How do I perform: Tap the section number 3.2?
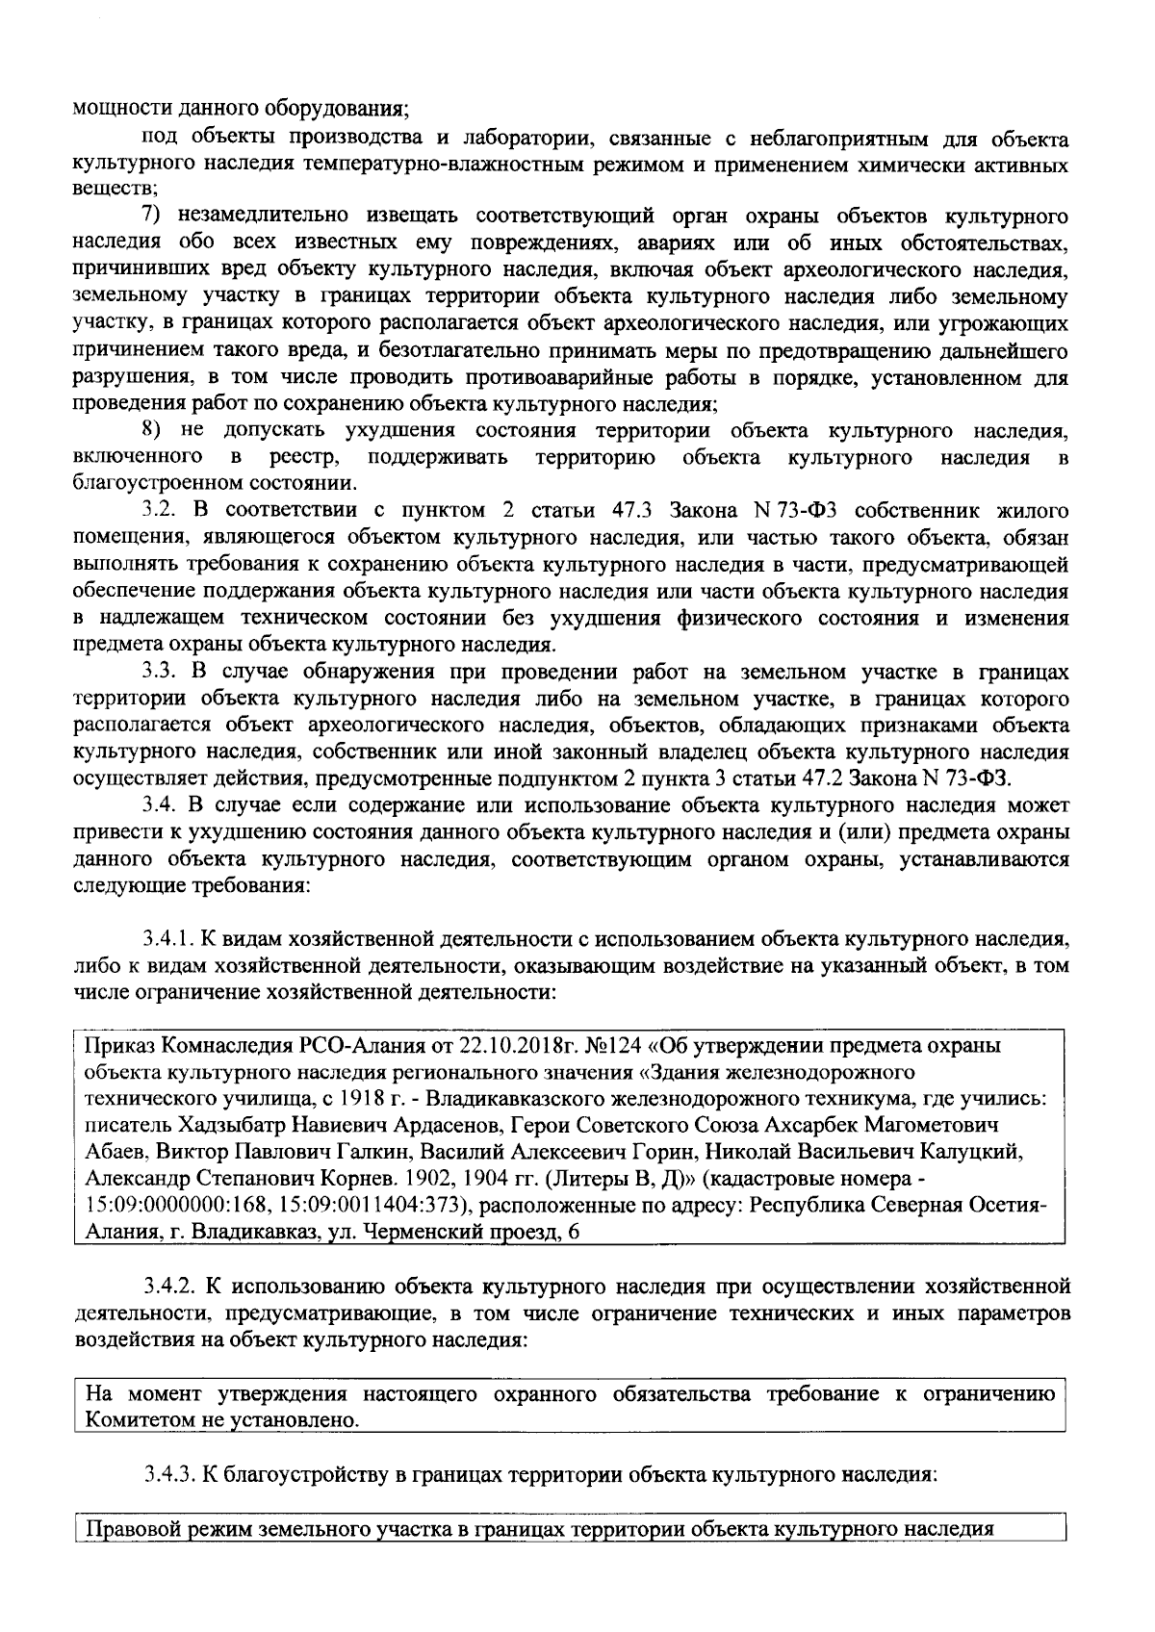(160, 509)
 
